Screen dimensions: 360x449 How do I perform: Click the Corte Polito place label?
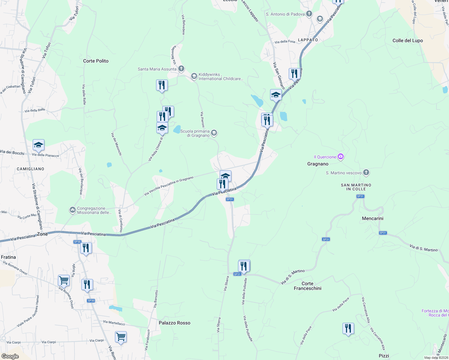96,61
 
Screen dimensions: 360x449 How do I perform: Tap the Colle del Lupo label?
408,40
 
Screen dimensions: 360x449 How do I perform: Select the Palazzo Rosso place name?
174,323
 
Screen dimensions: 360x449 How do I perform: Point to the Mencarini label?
372,218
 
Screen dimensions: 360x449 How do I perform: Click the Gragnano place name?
318,164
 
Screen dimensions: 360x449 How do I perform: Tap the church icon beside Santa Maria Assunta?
181,69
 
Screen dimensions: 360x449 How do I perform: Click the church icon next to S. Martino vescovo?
366,172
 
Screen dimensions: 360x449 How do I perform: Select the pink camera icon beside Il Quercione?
340,156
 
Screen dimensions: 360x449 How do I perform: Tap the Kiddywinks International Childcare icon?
194,76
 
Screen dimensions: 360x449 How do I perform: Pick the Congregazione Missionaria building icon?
72,210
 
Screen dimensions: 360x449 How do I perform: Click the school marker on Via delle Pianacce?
38,145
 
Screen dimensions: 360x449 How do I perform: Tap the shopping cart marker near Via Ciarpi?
121,337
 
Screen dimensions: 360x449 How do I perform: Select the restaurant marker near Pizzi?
348,328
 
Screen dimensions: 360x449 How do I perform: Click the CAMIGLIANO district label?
30,169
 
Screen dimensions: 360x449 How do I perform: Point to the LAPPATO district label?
308,40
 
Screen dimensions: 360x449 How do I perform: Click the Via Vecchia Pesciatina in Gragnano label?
169,186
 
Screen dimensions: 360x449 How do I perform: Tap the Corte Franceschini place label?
307,286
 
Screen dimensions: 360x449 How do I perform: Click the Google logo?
10,356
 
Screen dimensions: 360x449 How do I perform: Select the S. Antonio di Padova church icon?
309,13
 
